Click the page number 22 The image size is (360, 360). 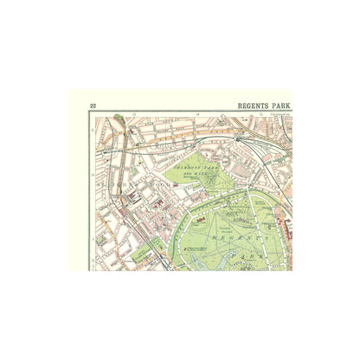93,106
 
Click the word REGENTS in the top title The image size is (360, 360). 253,106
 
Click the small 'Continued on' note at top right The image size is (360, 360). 282,113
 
